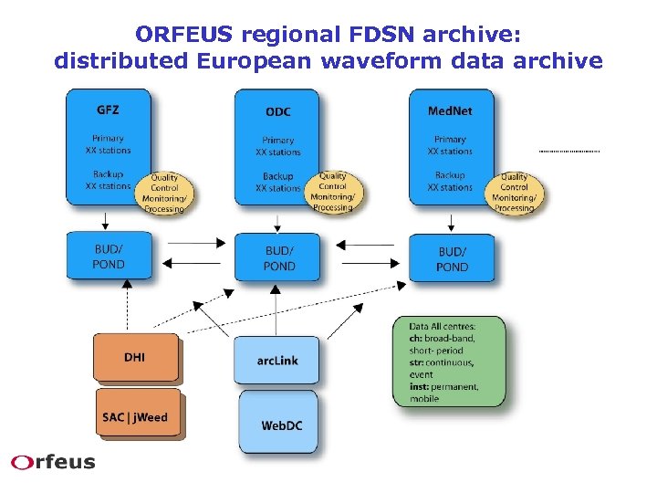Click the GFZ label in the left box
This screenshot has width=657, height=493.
point(108,110)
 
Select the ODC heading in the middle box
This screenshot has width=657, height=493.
point(277,111)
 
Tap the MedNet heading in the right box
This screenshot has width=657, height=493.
point(450,110)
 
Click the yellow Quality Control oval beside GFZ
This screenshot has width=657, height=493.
point(165,193)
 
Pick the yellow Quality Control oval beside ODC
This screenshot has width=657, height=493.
point(333,192)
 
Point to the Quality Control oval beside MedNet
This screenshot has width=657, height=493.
point(515,193)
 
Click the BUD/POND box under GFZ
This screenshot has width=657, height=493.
point(109,257)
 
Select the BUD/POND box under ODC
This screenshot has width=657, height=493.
point(278,258)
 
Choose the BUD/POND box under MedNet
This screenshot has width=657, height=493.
point(452,258)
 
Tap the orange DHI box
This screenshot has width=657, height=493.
point(135,357)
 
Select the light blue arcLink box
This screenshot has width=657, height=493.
point(276,360)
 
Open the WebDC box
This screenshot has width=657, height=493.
point(277,424)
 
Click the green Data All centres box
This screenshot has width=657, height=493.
point(448,362)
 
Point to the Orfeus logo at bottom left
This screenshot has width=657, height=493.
point(53,462)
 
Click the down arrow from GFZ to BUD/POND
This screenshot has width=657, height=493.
point(106,220)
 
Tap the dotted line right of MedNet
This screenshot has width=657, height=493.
point(569,150)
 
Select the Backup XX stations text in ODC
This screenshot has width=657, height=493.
point(278,182)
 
